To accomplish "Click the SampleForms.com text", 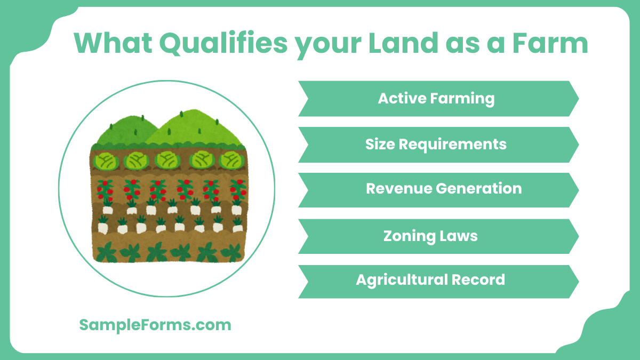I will coord(155,325).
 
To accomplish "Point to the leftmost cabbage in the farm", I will coord(105,160).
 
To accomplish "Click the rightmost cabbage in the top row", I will coord(230,160).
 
